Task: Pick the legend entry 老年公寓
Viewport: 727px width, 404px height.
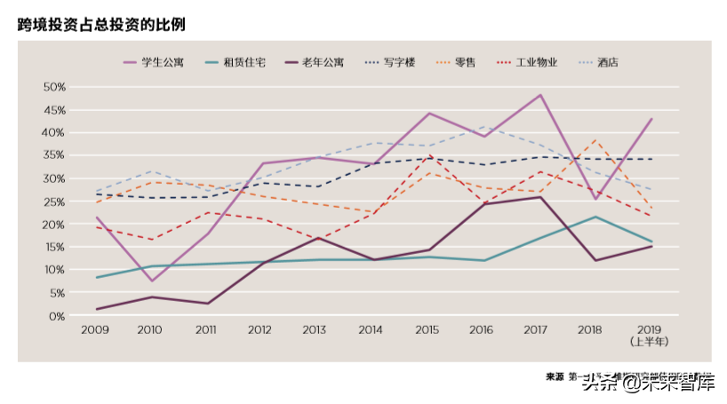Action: coord(324,62)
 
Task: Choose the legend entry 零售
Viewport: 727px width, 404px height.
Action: coord(466,62)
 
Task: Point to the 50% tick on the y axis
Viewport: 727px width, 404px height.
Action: coord(54,87)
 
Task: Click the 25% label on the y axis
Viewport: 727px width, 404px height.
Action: coord(54,202)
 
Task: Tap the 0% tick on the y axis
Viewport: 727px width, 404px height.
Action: coord(57,316)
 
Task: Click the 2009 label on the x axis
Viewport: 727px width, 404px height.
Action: coord(96,329)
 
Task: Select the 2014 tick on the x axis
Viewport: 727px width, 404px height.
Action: coord(372,329)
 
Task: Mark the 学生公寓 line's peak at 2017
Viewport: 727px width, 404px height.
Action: coord(540,95)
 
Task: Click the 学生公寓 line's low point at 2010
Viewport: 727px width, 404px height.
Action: coord(152,281)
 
